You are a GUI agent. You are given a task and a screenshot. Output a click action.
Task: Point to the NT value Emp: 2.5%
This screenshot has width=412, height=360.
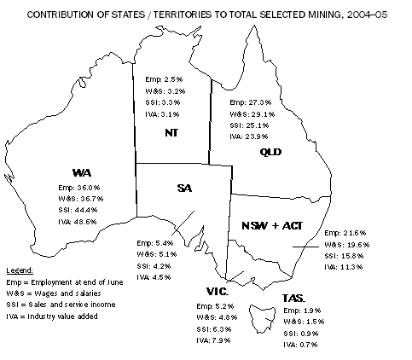[x=165, y=78]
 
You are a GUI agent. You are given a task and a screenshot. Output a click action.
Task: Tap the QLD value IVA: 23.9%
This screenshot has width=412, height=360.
[x=250, y=136]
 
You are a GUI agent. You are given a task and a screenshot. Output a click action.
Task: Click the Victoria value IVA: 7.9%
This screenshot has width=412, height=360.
[x=215, y=339]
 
